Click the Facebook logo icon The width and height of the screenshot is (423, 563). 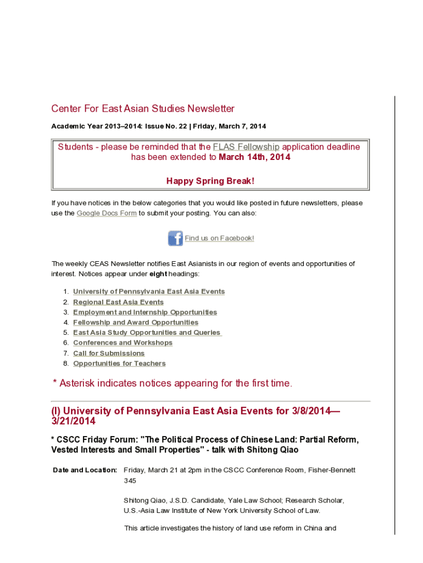click(x=175, y=238)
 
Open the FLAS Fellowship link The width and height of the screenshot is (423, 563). click(x=246, y=147)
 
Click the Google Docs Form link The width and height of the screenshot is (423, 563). click(x=107, y=213)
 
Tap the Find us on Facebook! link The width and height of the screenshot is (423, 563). click(x=219, y=238)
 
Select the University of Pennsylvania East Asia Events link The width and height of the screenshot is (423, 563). click(x=149, y=291)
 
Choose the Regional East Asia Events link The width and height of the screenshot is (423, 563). click(x=118, y=302)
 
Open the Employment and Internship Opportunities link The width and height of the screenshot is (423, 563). click(x=145, y=312)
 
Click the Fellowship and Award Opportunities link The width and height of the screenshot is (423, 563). click(x=136, y=322)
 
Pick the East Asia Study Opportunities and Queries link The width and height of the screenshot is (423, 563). click(x=147, y=333)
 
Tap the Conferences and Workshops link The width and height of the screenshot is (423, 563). click(x=123, y=343)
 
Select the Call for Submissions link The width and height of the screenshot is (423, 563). click(x=109, y=353)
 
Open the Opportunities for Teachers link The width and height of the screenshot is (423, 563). click(x=119, y=363)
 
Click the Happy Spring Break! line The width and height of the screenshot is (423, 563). click(x=210, y=181)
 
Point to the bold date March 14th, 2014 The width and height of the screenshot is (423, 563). click(x=254, y=157)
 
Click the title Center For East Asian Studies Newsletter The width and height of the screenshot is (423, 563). click(x=143, y=109)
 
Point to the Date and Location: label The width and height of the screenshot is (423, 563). click(x=85, y=470)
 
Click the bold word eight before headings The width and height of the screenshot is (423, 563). click(x=158, y=274)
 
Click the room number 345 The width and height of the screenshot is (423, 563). click(x=130, y=481)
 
